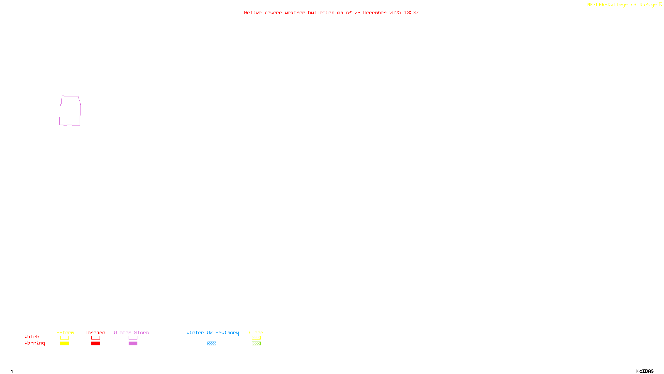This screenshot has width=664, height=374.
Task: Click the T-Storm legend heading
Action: [x=64, y=332]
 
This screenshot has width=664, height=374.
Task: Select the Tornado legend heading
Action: [x=95, y=332]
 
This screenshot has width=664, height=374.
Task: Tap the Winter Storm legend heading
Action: [x=131, y=332]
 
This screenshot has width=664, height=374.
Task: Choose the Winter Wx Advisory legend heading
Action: [x=212, y=332]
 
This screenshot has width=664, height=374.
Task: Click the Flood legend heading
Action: [x=256, y=332]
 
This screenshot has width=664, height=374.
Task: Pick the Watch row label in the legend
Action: [x=32, y=337]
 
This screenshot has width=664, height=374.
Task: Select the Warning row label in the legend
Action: [x=35, y=343]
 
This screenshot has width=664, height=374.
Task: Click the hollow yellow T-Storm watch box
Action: [x=64, y=338]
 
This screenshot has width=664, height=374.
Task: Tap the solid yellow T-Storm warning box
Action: [x=64, y=344]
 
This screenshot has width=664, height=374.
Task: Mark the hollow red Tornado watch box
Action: [x=95, y=338]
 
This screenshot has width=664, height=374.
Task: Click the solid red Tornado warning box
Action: [x=95, y=344]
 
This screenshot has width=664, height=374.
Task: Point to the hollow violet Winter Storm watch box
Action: [x=133, y=338]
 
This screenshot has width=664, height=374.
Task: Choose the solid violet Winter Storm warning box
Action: [x=133, y=344]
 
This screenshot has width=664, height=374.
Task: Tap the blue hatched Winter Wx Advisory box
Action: [x=212, y=344]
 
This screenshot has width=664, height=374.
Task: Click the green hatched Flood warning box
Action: [x=256, y=344]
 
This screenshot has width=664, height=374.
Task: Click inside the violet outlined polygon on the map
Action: [x=70, y=111]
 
